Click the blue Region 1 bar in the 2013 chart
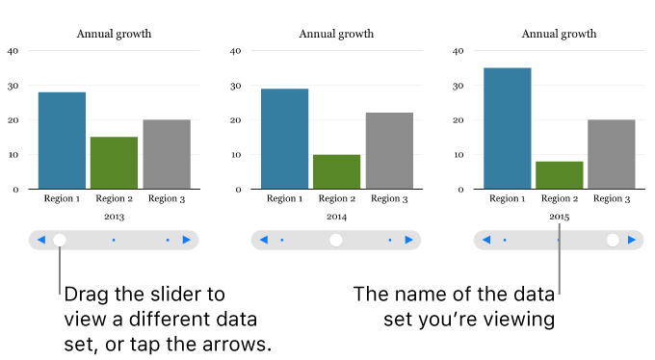(62, 141)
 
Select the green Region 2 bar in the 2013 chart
(115, 163)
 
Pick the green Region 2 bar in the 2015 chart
(560, 175)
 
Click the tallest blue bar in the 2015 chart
(507, 128)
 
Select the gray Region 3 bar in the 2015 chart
(612, 154)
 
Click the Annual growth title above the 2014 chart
(336, 34)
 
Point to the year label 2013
(114, 217)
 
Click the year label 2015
(560, 217)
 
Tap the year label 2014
(336, 217)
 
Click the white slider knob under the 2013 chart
(60, 240)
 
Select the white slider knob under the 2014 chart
(336, 240)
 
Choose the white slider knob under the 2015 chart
(613, 240)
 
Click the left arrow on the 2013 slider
(40, 240)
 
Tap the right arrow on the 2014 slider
(409, 240)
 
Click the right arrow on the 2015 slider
(632, 240)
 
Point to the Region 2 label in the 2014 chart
(336, 198)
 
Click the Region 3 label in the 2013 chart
(167, 198)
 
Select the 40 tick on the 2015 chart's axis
(458, 51)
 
